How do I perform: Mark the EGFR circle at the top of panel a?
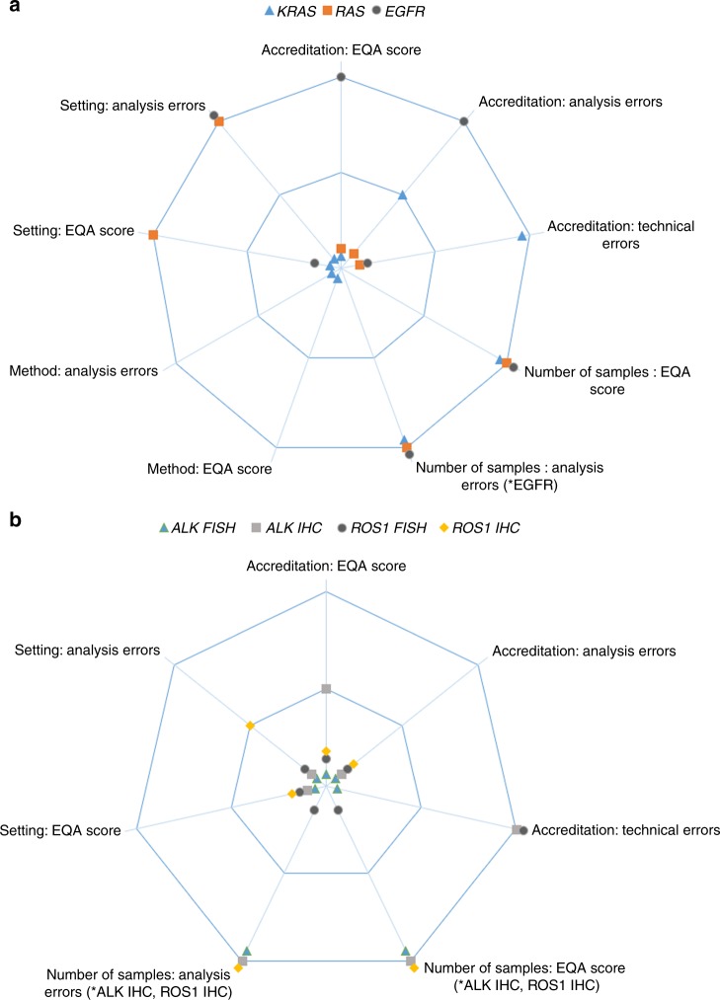coord(341,76)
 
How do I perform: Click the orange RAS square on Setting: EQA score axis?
coord(153,234)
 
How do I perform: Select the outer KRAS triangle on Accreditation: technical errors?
coord(522,235)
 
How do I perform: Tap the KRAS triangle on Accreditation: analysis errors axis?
coord(403,195)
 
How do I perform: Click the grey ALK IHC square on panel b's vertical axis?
coord(326,689)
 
